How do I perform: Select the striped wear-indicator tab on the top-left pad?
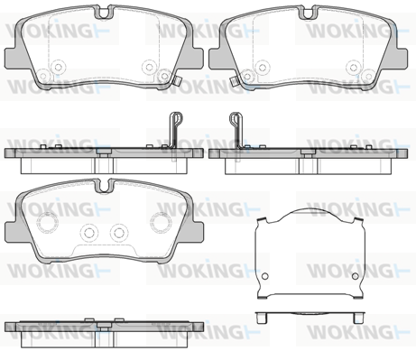178,81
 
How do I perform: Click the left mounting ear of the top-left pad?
12,58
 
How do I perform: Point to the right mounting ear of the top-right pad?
401,58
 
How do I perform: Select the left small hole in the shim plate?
264,276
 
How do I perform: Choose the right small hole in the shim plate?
356,276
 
